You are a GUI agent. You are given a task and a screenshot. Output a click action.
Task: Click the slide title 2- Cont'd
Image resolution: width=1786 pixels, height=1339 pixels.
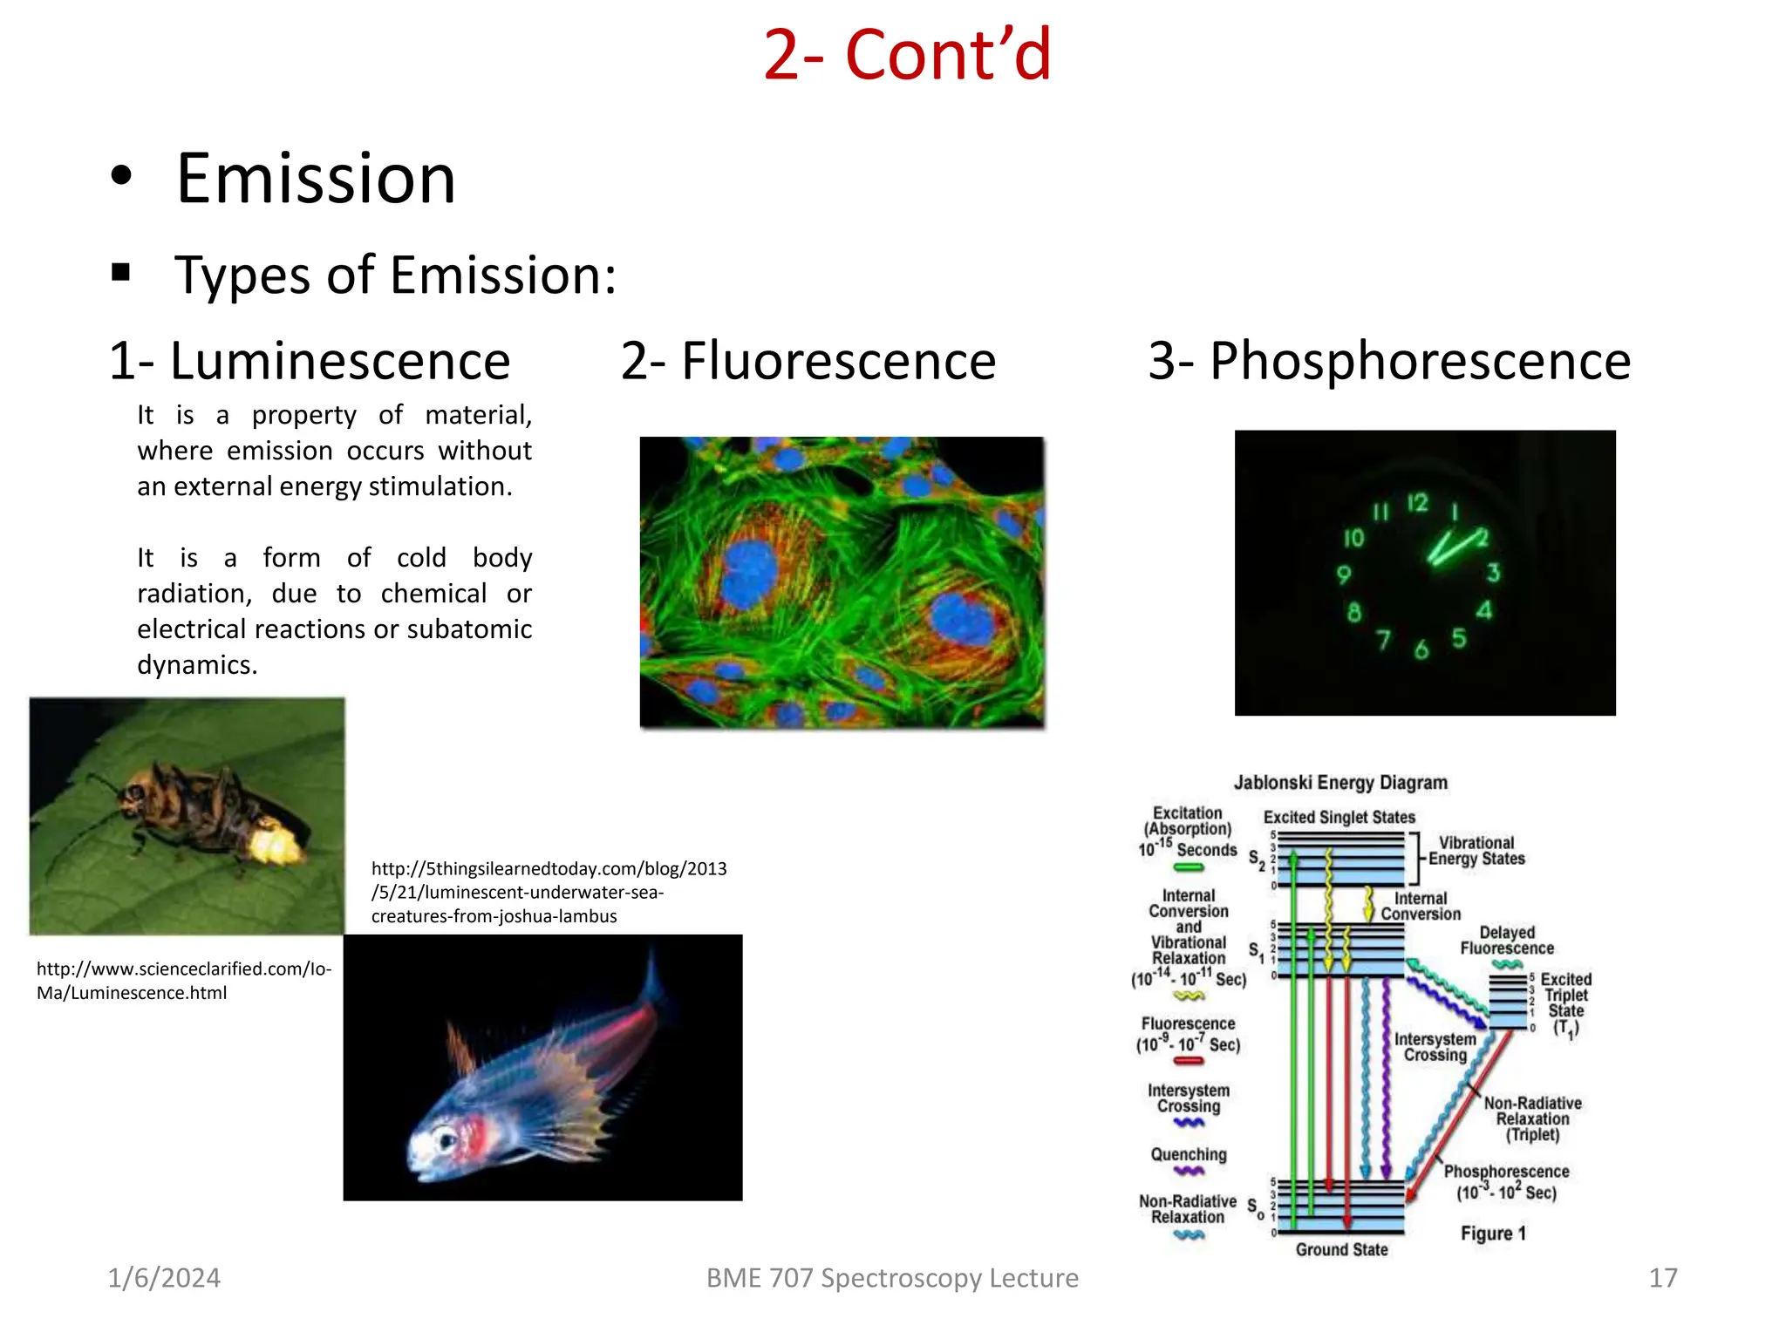(x=907, y=56)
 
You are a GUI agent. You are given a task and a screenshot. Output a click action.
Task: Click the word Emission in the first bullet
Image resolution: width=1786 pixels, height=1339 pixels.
(x=316, y=180)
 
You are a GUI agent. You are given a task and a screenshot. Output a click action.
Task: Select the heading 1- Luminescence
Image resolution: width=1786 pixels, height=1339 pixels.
(x=310, y=361)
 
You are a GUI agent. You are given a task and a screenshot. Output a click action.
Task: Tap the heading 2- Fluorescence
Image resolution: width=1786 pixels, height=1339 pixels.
(x=808, y=361)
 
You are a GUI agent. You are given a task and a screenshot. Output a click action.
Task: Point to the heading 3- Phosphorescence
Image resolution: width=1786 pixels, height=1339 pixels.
(x=1389, y=361)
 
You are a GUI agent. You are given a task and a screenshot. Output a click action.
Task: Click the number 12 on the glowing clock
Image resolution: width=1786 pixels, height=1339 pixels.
(x=1417, y=503)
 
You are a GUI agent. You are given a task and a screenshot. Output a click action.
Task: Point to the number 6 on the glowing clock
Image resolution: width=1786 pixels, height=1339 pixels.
(x=1421, y=649)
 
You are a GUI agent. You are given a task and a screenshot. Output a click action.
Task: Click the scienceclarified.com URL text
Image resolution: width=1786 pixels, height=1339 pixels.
(x=184, y=981)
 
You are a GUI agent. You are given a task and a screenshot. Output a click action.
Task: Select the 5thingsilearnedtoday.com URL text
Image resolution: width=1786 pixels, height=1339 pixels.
(x=549, y=892)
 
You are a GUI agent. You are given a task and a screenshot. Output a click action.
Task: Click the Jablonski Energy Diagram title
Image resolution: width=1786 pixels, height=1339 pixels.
(x=1340, y=783)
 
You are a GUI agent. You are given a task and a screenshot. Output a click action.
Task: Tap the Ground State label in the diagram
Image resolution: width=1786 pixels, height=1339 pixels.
(x=1341, y=1250)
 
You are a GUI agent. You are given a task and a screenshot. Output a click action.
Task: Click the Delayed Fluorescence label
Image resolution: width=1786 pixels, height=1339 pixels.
(x=1507, y=941)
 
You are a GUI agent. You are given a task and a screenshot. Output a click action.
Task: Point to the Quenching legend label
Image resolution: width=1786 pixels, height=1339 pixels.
(x=1189, y=1155)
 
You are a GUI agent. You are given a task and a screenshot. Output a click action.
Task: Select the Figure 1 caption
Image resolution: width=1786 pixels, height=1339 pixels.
(x=1493, y=1234)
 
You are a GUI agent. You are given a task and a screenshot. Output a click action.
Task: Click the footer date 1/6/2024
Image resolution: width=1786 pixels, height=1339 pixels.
(x=164, y=1278)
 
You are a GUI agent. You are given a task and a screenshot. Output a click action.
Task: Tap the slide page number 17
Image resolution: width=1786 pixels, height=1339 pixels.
(x=1663, y=1278)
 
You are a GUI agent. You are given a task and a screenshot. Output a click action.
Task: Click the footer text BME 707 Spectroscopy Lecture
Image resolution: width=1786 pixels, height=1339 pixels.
(x=892, y=1278)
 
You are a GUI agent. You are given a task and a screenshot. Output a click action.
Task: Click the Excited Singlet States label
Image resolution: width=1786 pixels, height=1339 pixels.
(x=1339, y=817)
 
